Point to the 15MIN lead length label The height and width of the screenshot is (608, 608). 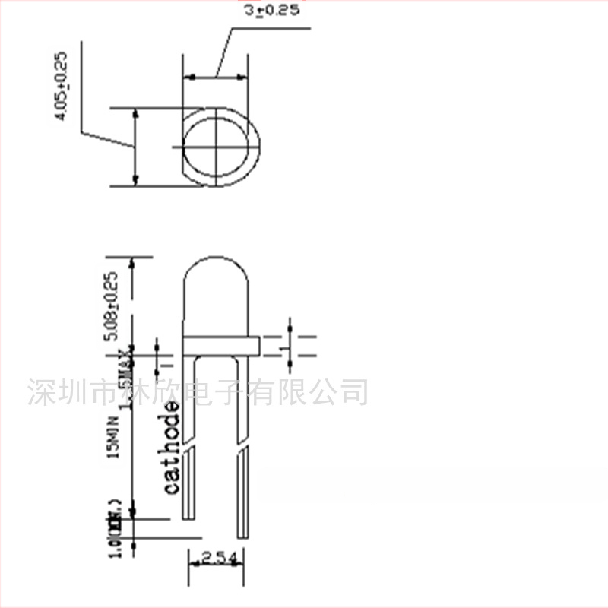[115, 437]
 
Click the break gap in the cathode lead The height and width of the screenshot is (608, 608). [189, 446]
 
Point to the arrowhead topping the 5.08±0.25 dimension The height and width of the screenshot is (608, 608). [135, 261]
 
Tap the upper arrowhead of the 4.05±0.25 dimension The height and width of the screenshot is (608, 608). [135, 112]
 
